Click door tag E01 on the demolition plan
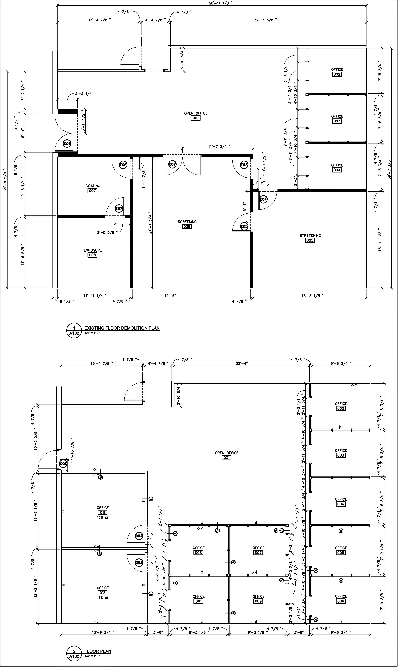(x=67, y=144)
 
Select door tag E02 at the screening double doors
(x=172, y=164)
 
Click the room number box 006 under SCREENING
(x=187, y=227)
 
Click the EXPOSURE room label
(x=92, y=250)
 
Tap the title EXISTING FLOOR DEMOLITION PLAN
(x=122, y=328)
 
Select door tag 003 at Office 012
(x=139, y=562)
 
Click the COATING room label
(x=93, y=186)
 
